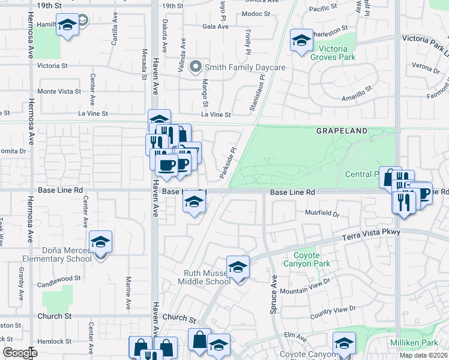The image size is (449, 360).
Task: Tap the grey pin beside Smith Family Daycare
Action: click(195, 67)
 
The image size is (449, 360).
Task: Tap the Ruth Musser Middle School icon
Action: click(238, 268)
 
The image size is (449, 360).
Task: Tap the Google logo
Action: click(20, 353)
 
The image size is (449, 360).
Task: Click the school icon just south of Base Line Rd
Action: click(194, 203)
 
